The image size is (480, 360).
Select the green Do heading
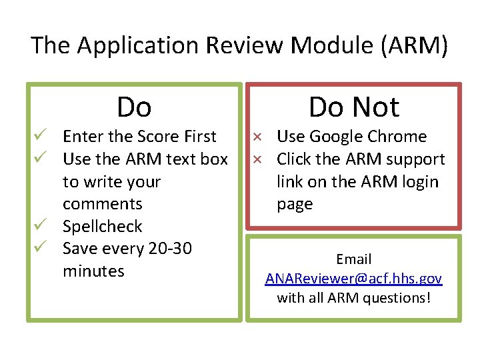(134, 107)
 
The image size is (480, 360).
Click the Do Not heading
(354, 107)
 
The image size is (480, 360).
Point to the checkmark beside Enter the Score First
(40, 137)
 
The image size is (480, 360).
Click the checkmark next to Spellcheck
(40, 227)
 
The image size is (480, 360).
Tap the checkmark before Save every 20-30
(40, 249)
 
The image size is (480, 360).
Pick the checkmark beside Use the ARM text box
(40, 159)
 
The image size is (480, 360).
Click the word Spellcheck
(102, 227)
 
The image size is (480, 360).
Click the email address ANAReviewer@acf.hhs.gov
(353, 279)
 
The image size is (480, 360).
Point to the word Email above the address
(354, 259)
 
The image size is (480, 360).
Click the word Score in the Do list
(159, 137)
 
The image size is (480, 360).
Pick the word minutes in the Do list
(93, 271)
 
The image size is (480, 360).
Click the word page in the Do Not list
(295, 204)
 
